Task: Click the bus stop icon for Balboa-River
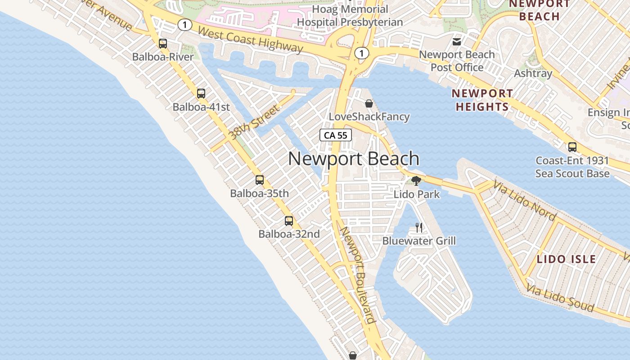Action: (x=163, y=44)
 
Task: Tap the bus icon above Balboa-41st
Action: (x=201, y=94)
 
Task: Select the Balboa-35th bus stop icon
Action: (x=260, y=180)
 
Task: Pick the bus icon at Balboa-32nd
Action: (x=289, y=221)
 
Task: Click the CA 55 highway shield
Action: (x=336, y=135)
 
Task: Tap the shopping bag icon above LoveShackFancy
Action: (x=369, y=103)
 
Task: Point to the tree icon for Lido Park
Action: (x=416, y=181)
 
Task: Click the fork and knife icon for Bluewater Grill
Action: (x=419, y=227)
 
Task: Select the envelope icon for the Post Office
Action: (x=457, y=42)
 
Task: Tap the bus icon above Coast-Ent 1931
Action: (x=572, y=147)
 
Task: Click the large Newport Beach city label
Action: (x=354, y=159)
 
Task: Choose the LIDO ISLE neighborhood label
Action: (x=566, y=259)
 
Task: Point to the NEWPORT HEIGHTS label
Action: (x=482, y=100)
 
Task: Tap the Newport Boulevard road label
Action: (x=358, y=274)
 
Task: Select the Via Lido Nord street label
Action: (x=525, y=200)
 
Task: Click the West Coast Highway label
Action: (x=250, y=39)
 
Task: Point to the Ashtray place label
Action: (x=533, y=73)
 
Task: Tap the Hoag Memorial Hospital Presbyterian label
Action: (x=350, y=15)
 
